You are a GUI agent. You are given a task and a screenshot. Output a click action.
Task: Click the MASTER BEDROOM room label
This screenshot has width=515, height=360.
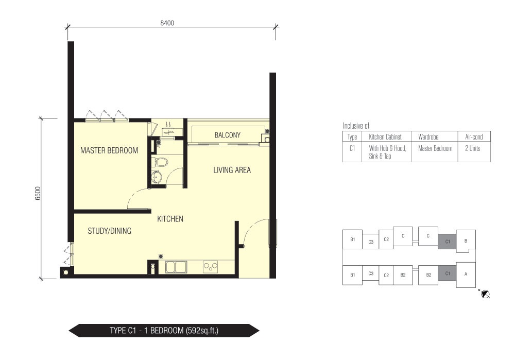pyautogui.click(x=109, y=150)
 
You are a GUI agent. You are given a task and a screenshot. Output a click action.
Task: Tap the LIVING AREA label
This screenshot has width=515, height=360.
pyautogui.click(x=232, y=170)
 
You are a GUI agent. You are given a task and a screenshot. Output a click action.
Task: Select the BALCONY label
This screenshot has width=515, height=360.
pyautogui.click(x=227, y=135)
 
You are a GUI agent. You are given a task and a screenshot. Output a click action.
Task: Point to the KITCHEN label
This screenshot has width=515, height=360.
pyautogui.click(x=170, y=219)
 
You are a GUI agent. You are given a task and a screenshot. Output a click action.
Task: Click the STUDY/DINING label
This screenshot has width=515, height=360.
pyautogui.click(x=109, y=231)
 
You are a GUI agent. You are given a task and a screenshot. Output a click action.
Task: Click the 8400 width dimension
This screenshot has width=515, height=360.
pyautogui.click(x=167, y=23)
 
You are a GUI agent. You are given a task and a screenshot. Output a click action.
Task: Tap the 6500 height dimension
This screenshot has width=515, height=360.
pyautogui.click(x=38, y=193)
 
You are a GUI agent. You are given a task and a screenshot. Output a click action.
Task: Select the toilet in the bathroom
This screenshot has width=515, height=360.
pyautogui.click(x=160, y=162)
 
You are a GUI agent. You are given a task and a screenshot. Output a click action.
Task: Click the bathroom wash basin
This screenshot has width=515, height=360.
pyautogui.click(x=157, y=177)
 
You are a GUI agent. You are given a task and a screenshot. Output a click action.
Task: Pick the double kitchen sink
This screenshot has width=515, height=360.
pyautogui.click(x=176, y=267)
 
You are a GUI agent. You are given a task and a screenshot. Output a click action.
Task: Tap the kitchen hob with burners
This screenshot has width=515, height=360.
pyautogui.click(x=211, y=267)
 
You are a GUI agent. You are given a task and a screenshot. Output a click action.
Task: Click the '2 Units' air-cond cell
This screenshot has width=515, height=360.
pyautogui.click(x=473, y=148)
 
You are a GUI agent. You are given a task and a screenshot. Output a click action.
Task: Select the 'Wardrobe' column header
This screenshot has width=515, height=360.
pyautogui.click(x=428, y=137)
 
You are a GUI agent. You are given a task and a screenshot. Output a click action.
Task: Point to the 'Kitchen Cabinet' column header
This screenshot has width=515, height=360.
pyautogui.click(x=385, y=137)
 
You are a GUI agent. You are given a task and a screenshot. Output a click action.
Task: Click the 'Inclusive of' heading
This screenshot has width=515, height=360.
pyautogui.click(x=356, y=126)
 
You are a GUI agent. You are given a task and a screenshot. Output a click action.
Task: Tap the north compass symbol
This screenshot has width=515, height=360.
pyautogui.click(x=485, y=294)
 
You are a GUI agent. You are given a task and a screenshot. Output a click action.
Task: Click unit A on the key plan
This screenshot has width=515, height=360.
pyautogui.click(x=466, y=274)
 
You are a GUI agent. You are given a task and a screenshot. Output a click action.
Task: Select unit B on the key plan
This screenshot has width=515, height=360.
pyautogui.click(x=466, y=241)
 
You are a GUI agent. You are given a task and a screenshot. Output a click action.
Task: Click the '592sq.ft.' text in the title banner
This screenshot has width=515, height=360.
pyautogui.click(x=202, y=331)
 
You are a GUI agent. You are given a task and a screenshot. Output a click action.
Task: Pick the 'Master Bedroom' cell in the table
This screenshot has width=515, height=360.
pyautogui.click(x=435, y=148)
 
